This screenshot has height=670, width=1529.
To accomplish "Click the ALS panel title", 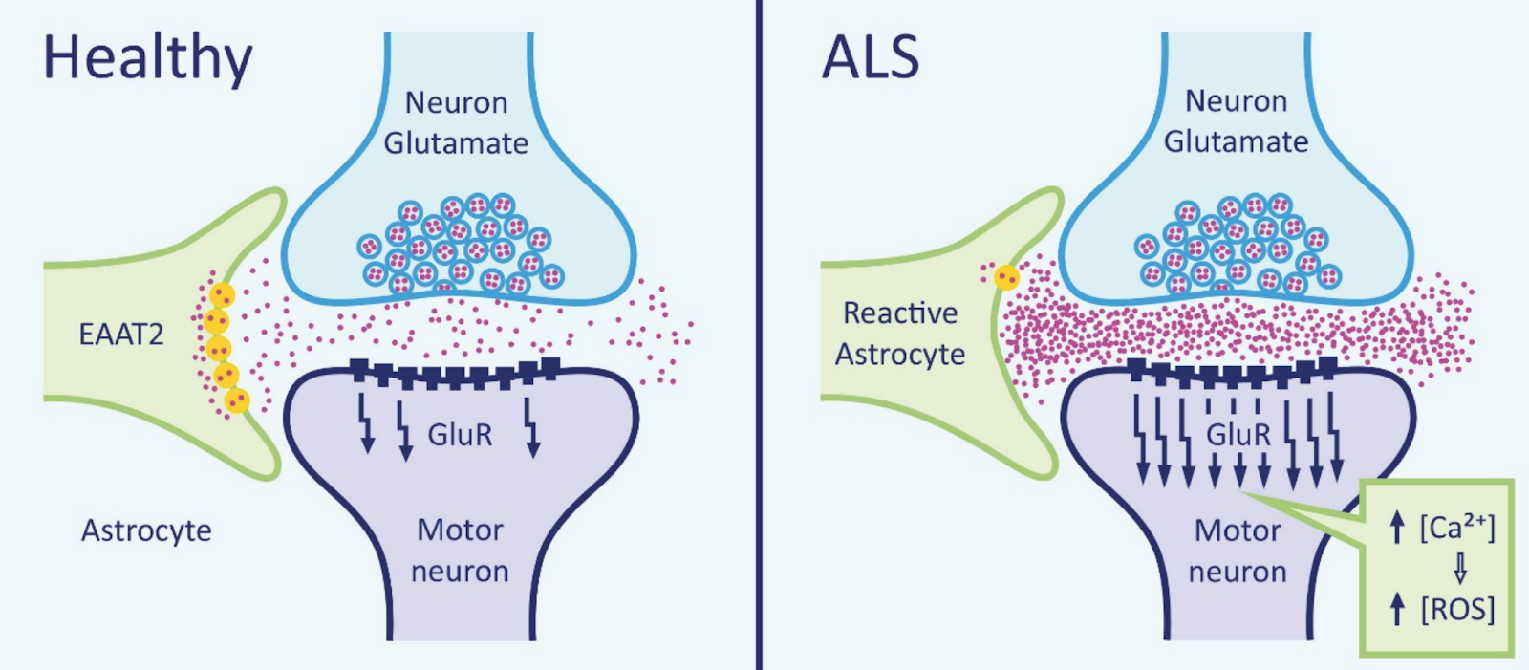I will coord(871,57).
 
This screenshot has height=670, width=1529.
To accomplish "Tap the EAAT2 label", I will coord(121,335).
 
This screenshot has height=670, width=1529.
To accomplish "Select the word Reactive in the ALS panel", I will coord(900,313).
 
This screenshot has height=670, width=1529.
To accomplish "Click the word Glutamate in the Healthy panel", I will coord(456,143).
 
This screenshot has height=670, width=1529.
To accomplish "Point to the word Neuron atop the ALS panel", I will coord(1236,100).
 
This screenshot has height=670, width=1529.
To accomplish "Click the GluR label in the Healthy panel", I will coord(460,435).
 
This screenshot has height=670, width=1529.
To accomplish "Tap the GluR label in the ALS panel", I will coord(1238,435).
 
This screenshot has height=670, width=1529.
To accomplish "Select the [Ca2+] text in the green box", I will coord(1457,527).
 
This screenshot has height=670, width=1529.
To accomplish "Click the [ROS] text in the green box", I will coord(1457,609).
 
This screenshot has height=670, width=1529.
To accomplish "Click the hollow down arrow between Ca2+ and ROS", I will coord(1459,570).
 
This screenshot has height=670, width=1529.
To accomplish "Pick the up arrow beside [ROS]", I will coord(1397,609).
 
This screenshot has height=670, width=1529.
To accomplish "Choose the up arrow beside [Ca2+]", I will coord(1397,527).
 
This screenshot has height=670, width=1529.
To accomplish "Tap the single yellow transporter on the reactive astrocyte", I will coord(1005,277).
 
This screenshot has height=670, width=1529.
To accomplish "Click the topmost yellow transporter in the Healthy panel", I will coord(222,295).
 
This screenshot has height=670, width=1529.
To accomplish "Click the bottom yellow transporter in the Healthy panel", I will coord(236,400).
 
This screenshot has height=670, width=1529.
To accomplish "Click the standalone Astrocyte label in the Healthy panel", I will coord(146,530).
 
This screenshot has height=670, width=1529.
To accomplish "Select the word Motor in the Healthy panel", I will coord(460,530).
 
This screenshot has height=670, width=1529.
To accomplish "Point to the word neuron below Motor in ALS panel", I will coord(1238,572).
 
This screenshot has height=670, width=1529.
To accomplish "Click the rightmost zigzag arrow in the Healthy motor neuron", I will coord(531,426).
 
